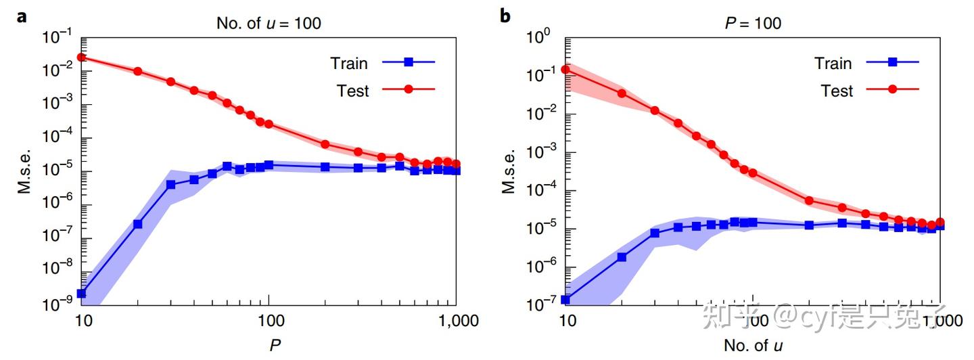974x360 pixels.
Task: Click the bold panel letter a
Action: (22, 16)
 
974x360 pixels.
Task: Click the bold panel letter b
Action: (505, 16)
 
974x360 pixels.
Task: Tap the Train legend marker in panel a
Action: (409, 62)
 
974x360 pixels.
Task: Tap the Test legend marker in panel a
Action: (409, 89)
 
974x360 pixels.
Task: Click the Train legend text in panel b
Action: (833, 63)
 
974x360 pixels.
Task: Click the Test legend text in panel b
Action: (837, 90)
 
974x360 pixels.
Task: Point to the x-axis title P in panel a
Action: (274, 345)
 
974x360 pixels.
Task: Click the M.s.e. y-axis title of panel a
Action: (25, 171)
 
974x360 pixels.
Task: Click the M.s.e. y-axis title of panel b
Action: (509, 171)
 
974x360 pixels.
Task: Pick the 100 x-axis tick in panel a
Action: (269, 321)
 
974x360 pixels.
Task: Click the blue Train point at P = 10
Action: (81, 294)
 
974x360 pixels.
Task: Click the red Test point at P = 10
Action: (81, 57)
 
